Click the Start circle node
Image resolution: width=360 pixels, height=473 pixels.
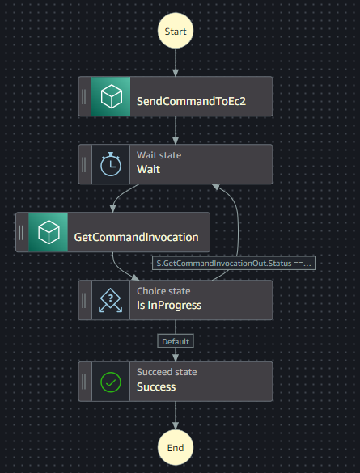[x=176, y=32]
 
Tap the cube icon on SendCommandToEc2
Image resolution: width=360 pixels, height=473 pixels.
[x=111, y=97]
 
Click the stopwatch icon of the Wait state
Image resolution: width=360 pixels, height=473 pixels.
[x=111, y=164]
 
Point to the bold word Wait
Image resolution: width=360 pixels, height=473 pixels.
[x=149, y=170]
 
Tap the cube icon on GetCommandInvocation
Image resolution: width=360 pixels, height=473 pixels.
[x=48, y=233]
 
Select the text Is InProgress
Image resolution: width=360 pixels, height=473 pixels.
[x=169, y=306]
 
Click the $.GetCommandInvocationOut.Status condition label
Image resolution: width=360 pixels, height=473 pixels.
[x=235, y=263]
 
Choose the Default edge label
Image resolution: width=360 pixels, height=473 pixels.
[x=176, y=341]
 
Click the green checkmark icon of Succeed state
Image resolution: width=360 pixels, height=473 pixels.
[x=111, y=381]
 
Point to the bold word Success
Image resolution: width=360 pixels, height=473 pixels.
[x=156, y=386]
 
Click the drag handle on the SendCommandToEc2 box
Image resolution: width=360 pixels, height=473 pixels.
[x=85, y=97]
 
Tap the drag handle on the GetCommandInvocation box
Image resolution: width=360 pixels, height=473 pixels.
[x=22, y=233]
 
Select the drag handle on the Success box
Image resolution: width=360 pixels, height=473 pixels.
[x=85, y=381]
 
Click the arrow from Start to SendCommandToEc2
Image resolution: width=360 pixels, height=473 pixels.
[x=176, y=63]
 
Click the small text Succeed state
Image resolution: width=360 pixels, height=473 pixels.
[x=167, y=372]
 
